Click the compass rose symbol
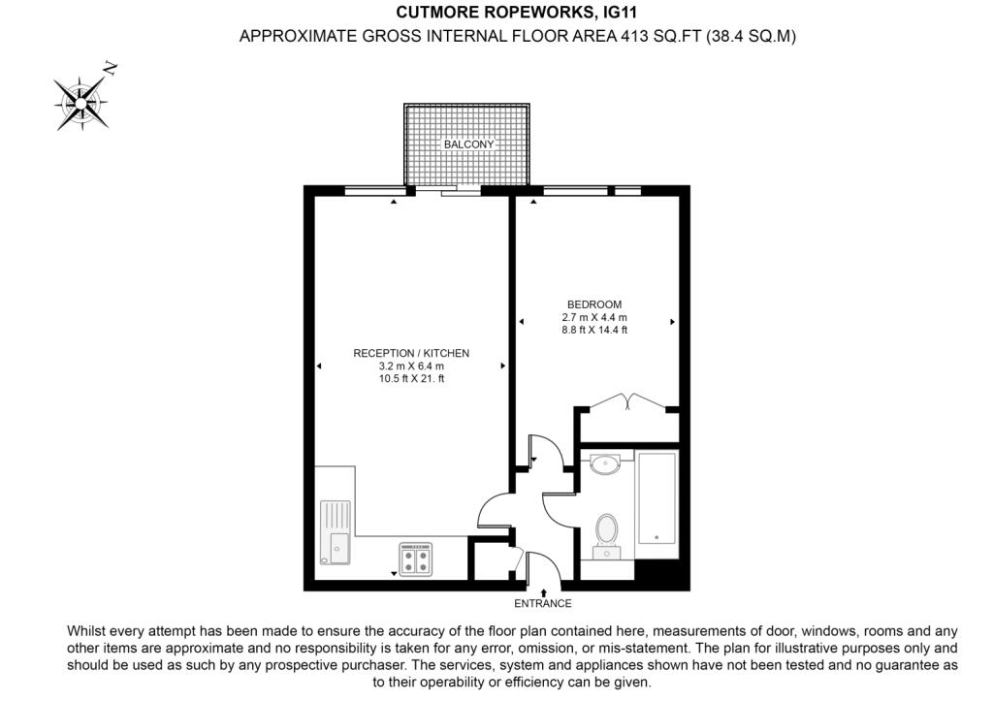tap(80, 100)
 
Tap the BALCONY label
tap(468, 144)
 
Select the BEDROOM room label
tap(594, 304)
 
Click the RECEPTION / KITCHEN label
tap(411, 353)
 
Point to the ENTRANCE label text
tap(543, 604)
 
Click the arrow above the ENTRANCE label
tap(543, 590)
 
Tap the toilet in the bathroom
tap(607, 532)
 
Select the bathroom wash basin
tap(606, 463)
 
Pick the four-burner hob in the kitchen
tap(416, 559)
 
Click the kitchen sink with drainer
tap(336, 532)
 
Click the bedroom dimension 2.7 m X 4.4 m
tap(594, 317)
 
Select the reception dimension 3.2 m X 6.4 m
tap(411, 367)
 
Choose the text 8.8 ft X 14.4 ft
tap(594, 330)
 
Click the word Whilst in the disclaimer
tap(88, 630)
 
